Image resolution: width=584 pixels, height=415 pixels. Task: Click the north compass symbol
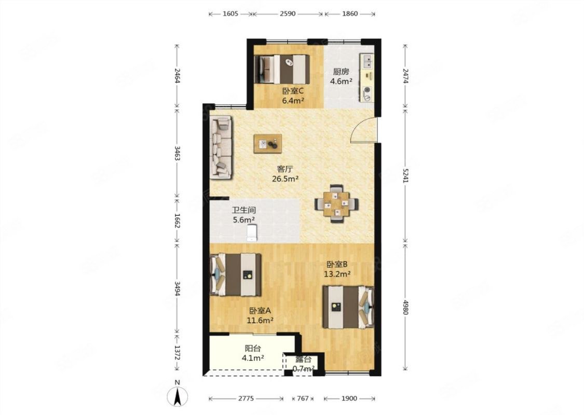178,396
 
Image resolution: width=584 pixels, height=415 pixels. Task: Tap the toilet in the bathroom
252,232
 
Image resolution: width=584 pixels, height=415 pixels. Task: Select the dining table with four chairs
337,203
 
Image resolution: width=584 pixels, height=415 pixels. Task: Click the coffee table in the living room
267,144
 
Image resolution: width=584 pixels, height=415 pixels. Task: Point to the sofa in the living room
221,147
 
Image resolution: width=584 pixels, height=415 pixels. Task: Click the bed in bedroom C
282,69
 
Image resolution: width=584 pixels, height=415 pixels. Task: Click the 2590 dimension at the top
288,14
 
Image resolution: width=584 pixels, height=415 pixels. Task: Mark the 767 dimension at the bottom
303,398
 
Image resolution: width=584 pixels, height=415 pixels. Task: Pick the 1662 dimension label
177,221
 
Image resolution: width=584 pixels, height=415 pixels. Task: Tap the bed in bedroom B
348,307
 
